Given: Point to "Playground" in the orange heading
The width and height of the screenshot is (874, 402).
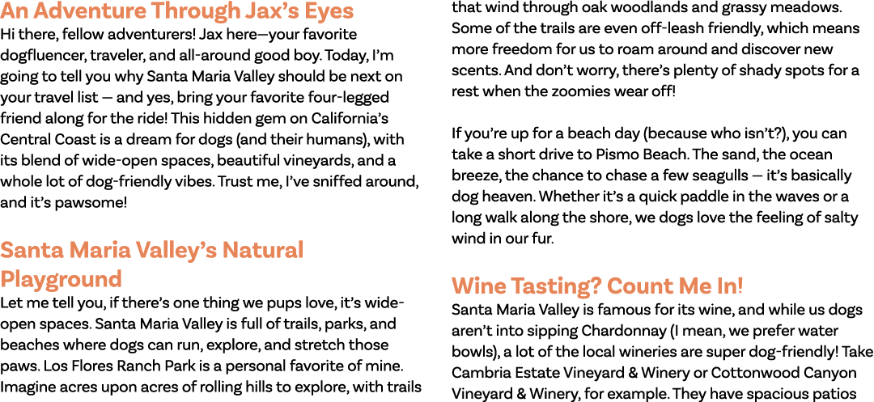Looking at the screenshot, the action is click(61, 278).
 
